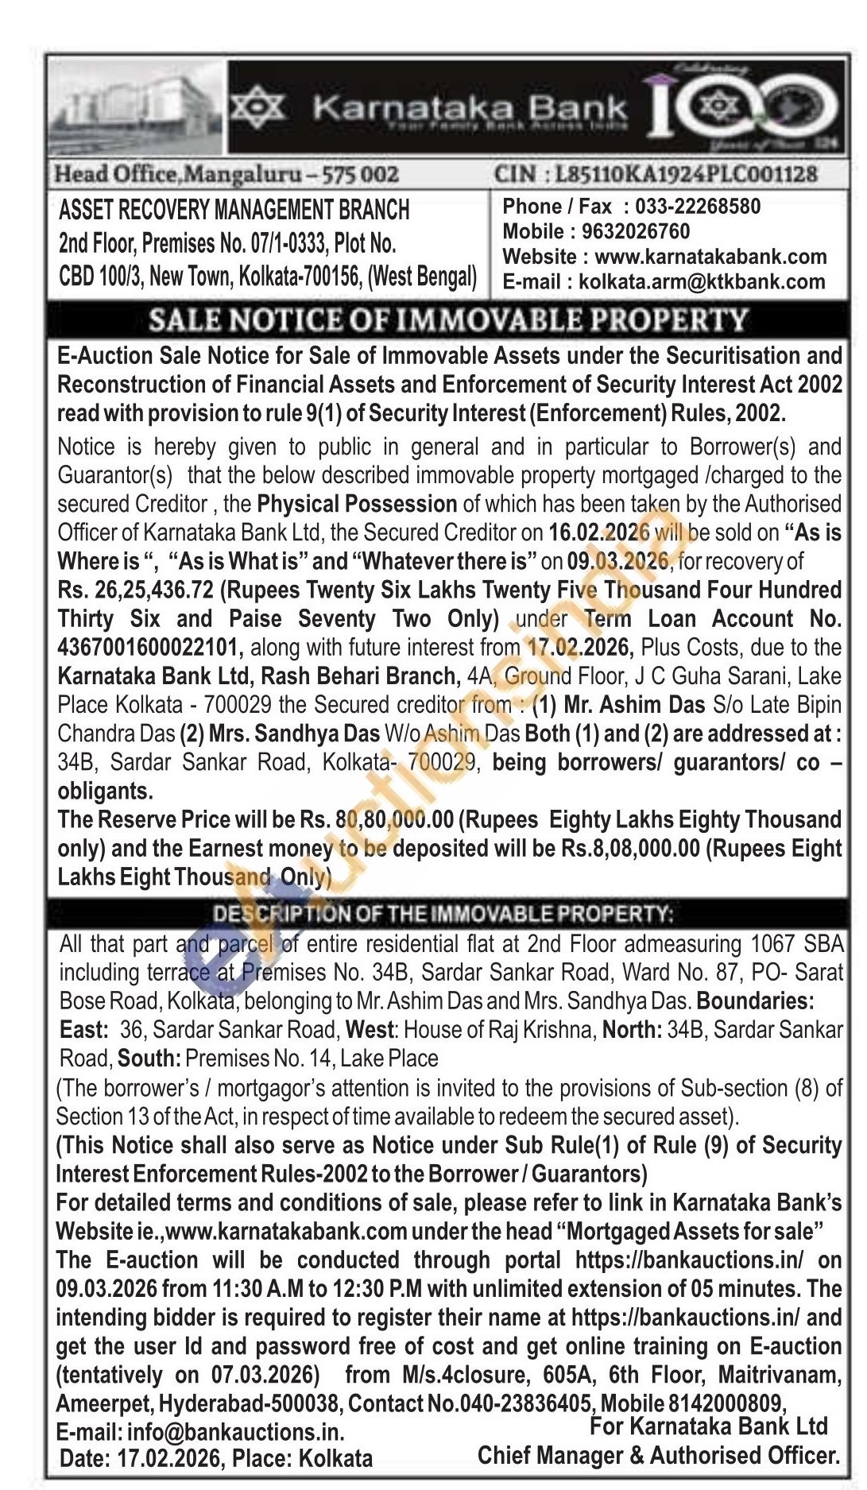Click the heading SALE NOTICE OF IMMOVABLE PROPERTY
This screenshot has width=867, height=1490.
[448, 319]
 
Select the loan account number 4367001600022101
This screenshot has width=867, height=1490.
[150, 648]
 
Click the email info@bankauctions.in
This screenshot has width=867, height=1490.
[235, 1433]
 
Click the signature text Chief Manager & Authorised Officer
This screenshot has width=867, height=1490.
[658, 1456]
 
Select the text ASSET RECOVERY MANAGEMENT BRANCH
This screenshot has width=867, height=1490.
[234, 210]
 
